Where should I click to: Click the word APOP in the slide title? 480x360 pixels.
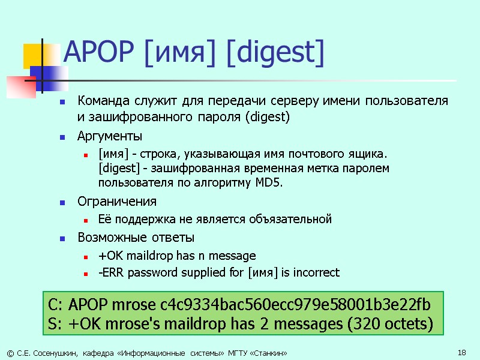coord(100,53)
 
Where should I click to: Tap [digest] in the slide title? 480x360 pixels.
coord(275,53)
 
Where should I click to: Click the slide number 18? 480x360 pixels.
coord(461,353)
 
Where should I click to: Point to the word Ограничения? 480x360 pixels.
coord(117,201)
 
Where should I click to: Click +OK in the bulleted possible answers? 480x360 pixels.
coord(108,256)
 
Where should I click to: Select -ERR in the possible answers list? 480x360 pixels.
coord(110,273)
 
